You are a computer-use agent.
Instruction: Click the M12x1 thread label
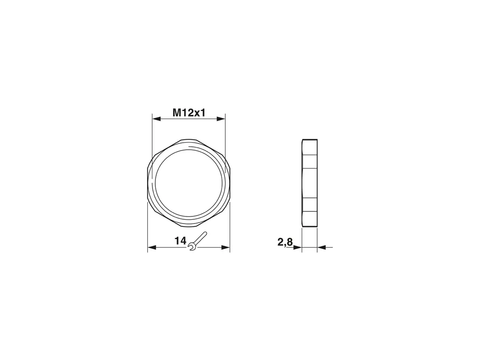[x=189, y=113]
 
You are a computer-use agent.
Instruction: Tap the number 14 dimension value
[x=180, y=241]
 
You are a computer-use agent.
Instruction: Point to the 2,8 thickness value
[x=285, y=242]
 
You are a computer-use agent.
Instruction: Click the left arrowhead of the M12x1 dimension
[x=156, y=119]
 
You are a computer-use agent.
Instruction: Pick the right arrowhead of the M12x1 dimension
[x=221, y=119]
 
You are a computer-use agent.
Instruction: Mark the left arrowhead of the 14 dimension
[x=152, y=248]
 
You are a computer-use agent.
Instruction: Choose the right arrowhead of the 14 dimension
[x=225, y=248]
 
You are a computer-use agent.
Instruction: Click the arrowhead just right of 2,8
[x=297, y=248]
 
